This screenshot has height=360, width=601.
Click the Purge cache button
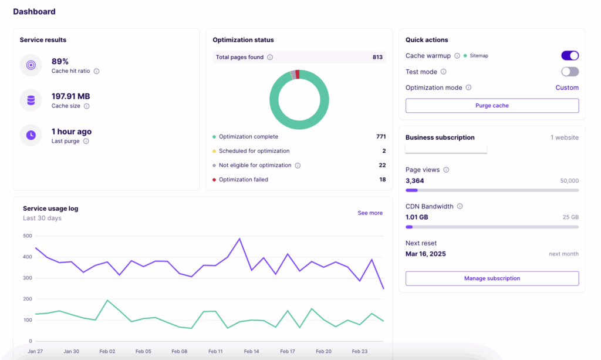click(492, 106)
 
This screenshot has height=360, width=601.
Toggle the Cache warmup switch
click(570, 56)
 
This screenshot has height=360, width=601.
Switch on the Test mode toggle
click(570, 72)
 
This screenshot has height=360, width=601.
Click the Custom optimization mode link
click(567, 88)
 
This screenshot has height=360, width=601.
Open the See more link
click(370, 213)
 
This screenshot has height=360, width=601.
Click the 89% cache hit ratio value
click(60, 61)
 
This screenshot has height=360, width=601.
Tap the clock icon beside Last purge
click(31, 135)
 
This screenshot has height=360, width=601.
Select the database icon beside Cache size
click(31, 100)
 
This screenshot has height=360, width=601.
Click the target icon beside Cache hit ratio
click(31, 65)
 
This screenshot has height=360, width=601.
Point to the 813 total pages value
click(377, 58)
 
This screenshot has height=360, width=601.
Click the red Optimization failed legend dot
click(214, 180)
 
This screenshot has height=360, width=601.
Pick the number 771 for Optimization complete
click(381, 137)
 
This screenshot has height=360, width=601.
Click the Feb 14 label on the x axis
click(251, 351)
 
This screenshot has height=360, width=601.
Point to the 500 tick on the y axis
click(28, 236)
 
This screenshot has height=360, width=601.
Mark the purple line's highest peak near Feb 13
click(239, 239)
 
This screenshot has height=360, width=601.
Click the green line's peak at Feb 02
click(107, 300)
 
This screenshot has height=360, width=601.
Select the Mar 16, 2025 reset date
click(426, 254)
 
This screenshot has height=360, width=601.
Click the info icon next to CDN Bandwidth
click(460, 207)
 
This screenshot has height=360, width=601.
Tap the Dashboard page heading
click(35, 12)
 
